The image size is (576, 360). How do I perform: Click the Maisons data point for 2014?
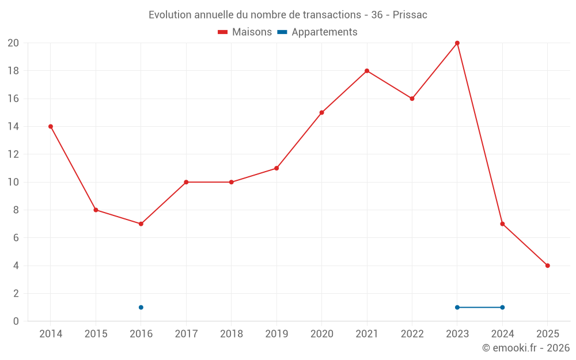click(51, 126)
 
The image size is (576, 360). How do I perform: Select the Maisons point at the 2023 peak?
click(457, 43)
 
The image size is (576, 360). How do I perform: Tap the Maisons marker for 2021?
click(367, 71)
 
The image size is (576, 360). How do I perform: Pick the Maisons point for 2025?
click(548, 266)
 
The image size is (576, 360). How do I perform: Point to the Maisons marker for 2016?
click(141, 223)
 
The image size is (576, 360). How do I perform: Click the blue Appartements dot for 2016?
click(141, 307)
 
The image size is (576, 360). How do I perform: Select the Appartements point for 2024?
click(502, 307)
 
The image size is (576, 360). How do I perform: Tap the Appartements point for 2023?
click(457, 307)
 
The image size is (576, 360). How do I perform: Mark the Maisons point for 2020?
click(321, 112)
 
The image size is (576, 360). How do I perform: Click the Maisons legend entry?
click(245, 32)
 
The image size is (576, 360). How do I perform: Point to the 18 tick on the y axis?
click(13, 71)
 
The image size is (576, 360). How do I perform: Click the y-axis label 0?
click(16, 321)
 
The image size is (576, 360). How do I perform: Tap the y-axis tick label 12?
click(13, 154)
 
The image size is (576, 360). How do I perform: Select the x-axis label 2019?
click(276, 334)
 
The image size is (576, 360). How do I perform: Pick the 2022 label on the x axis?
click(412, 334)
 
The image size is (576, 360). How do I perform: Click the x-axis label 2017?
click(186, 334)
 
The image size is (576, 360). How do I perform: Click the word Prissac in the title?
click(410, 15)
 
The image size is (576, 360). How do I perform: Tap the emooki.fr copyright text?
click(526, 348)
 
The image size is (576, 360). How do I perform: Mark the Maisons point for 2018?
click(231, 182)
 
